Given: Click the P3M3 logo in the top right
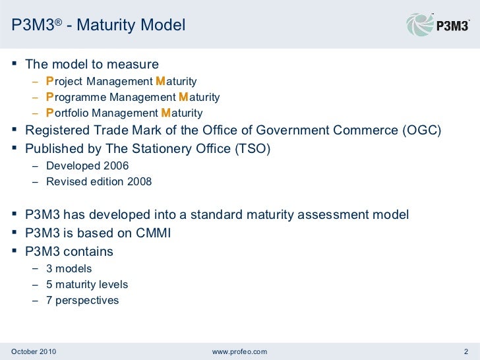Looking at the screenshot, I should (438, 25).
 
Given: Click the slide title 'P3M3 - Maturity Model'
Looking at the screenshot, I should (99, 26).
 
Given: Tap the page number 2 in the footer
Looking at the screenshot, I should (466, 351).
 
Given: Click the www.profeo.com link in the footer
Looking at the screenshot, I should (239, 351).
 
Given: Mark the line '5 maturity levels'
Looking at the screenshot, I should (87, 285).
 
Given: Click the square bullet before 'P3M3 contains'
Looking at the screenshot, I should (15, 251).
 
